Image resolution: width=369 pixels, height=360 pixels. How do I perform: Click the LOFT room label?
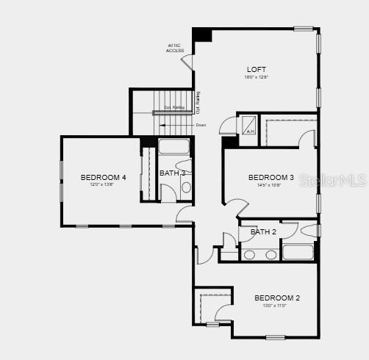pyautogui.click(x=256, y=70)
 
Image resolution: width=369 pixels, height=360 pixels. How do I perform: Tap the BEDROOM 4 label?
pyautogui.click(x=104, y=177)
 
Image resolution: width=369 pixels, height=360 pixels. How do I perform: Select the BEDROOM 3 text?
pyautogui.click(x=271, y=177)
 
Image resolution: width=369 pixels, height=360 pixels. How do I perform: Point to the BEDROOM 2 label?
pyautogui.click(x=277, y=298)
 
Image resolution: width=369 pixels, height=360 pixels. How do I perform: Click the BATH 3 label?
pyautogui.click(x=173, y=173)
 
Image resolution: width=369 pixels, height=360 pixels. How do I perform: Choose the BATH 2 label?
pyautogui.click(x=263, y=232)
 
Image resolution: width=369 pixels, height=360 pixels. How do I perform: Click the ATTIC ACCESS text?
pyautogui.click(x=175, y=48)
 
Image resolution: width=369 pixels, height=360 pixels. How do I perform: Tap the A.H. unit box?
pyautogui.click(x=250, y=126)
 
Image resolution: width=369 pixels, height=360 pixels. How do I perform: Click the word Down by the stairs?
pyautogui.click(x=201, y=125)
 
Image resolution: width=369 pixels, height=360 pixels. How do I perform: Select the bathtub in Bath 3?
pyautogui.click(x=174, y=145)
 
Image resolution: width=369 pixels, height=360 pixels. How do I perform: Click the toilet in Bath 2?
pyautogui.click(x=309, y=230)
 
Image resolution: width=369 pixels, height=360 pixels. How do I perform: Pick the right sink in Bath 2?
pyautogui.click(x=270, y=255)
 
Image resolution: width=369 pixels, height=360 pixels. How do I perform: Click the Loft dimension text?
pyautogui.click(x=256, y=77)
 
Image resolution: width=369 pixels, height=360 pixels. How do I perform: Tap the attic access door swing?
pyautogui.click(x=188, y=62)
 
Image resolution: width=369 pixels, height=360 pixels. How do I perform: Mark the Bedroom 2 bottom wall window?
pyautogui.click(x=276, y=337)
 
